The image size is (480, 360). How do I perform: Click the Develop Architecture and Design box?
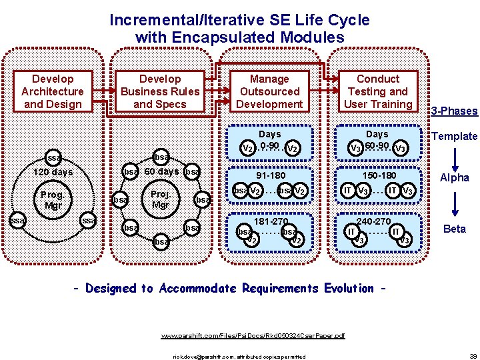pyautogui.click(x=53, y=91)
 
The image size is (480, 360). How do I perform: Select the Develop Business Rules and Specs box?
pyautogui.click(x=160, y=91)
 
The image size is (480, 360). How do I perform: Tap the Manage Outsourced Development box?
pyautogui.click(x=269, y=91)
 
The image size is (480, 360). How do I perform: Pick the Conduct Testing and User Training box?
pyautogui.click(x=378, y=91)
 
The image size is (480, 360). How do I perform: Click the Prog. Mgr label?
pyautogui.click(x=52, y=200)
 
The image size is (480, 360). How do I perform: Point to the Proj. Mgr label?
pyautogui.click(x=160, y=199)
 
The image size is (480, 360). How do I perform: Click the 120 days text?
pyautogui.click(x=53, y=173)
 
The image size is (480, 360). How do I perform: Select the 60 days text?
pyautogui.click(x=161, y=171)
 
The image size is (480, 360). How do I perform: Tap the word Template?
pyautogui.click(x=455, y=137)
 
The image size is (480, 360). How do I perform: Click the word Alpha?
pyautogui.click(x=455, y=178)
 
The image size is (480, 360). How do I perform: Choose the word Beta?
pyautogui.click(x=455, y=229)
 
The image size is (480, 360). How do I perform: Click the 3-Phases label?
pyautogui.click(x=455, y=111)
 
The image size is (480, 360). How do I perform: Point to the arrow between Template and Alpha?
pyautogui.click(x=455, y=157)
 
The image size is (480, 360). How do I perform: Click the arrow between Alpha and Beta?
pyautogui.click(x=455, y=203)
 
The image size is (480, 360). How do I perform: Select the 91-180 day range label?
pyautogui.click(x=269, y=176)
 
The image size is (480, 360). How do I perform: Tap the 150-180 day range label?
pyautogui.click(x=378, y=176)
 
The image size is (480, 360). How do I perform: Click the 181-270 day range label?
pyautogui.click(x=270, y=221)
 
